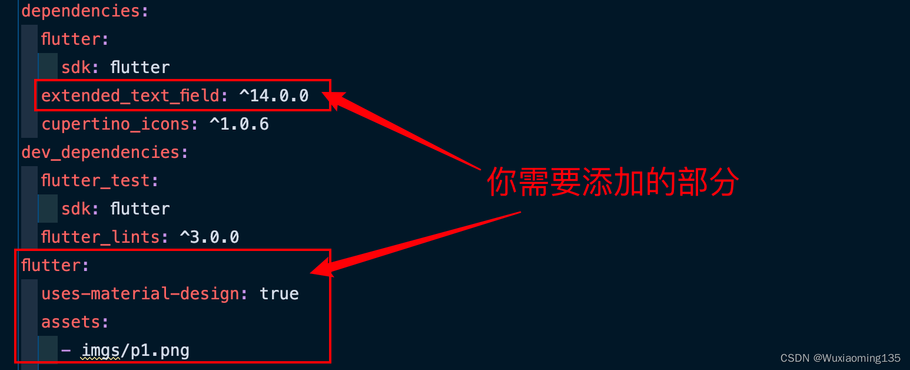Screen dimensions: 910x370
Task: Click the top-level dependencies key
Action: [x=80, y=11]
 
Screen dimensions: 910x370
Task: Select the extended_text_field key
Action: [x=130, y=95]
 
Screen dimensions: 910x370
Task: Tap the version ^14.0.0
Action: [x=274, y=95]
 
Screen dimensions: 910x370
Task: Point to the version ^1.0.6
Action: [x=239, y=124]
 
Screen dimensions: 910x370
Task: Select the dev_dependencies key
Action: [x=100, y=152]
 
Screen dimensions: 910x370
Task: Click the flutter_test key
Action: [x=95, y=180]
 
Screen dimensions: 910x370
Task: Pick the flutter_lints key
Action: [x=100, y=237]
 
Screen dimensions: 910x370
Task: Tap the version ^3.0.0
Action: [x=209, y=237]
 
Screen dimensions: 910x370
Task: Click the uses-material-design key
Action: [x=140, y=293]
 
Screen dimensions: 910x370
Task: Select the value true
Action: [x=279, y=293]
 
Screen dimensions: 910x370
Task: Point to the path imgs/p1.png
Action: [x=135, y=351]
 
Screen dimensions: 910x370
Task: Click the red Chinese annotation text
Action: [x=612, y=182]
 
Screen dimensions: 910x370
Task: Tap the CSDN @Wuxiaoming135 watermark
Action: [x=840, y=358]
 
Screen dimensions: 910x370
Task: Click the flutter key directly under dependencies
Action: [x=71, y=39]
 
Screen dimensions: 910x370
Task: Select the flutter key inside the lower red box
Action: [x=51, y=265]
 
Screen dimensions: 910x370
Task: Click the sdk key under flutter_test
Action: [x=75, y=209]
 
